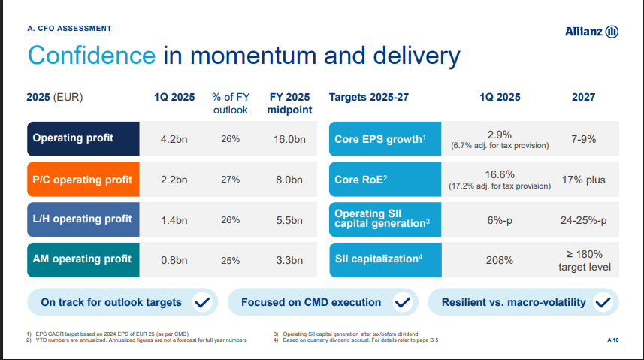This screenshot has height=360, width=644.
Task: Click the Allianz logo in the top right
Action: (591, 31)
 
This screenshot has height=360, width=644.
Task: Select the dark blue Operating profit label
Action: (83, 138)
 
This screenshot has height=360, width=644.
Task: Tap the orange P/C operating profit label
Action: (83, 180)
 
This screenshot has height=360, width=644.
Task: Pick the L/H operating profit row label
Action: (83, 219)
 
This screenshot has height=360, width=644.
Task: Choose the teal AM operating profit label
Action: (83, 260)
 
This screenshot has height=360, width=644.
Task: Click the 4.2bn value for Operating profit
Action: (174, 139)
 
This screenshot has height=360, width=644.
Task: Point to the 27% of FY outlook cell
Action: (230, 180)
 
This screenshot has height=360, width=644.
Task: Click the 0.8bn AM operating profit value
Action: (174, 261)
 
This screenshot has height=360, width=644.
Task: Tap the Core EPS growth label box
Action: (384, 138)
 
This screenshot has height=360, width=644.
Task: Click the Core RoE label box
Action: (384, 180)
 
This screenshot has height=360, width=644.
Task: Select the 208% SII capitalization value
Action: (500, 260)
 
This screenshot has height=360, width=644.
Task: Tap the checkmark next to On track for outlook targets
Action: (201, 303)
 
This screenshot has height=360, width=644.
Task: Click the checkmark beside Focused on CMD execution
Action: (402, 303)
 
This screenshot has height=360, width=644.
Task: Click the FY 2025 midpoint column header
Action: (289, 104)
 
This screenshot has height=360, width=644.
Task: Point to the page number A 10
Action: (612, 340)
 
